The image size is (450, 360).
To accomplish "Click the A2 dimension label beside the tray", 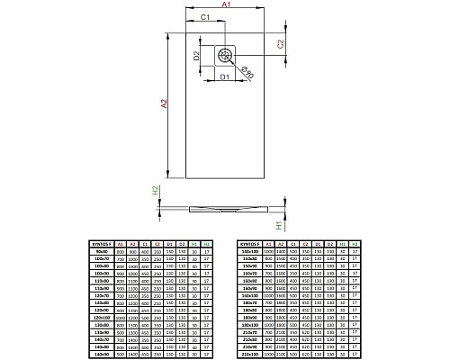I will click(163, 104).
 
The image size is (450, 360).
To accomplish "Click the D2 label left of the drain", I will click(196, 56).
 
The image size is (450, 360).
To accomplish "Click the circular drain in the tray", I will click(226, 56).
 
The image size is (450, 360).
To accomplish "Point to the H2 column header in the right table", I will click(360, 244).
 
